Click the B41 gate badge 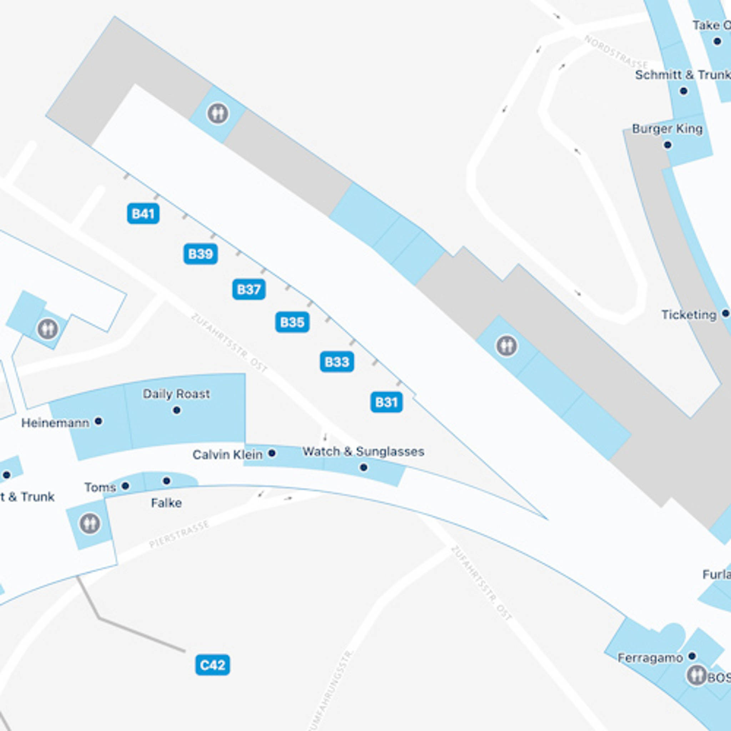[x=143, y=214]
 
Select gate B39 [x=201, y=254]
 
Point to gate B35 [x=292, y=322]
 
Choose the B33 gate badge [x=337, y=362]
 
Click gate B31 [x=386, y=402]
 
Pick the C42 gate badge [x=212, y=665]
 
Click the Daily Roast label [x=176, y=394]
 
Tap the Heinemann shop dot [x=99, y=421]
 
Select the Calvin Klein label [x=227, y=454]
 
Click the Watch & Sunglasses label [x=363, y=452]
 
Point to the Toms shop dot [x=126, y=486]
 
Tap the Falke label [x=166, y=503]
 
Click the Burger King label [x=667, y=128]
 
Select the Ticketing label [x=689, y=314]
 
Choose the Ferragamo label [x=650, y=658]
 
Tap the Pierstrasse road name [x=179, y=534]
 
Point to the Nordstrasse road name [x=616, y=52]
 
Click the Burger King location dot [x=668, y=145]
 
